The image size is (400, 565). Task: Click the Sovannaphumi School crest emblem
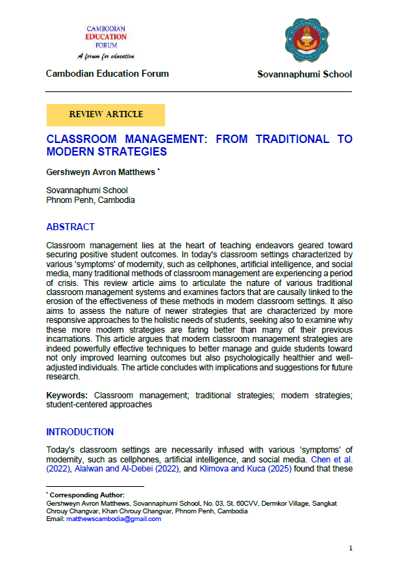[304, 40]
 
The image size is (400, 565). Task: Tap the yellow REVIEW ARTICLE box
[106, 114]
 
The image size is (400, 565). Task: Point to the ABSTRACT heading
[70, 227]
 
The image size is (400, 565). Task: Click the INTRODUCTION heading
[79, 432]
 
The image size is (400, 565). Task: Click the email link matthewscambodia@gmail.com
[114, 518]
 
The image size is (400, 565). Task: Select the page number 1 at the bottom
[351, 548]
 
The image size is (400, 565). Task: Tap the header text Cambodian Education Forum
[107, 74]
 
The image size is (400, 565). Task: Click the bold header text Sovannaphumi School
[305, 75]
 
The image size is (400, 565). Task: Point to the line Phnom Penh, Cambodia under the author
[90, 199]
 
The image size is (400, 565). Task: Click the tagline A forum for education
[107, 56]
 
